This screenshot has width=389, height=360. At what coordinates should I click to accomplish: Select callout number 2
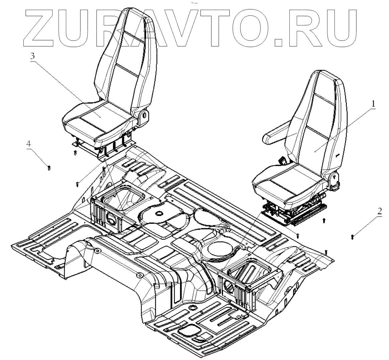[x=379, y=212]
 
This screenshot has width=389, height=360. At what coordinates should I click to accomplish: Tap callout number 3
[x=32, y=56]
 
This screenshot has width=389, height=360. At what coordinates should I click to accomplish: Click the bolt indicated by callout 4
[x=49, y=167]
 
